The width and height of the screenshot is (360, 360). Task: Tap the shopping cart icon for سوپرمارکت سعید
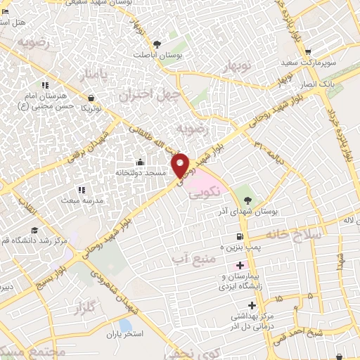[x=308, y=51]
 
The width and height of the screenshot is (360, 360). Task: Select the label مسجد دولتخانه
[x=140, y=172]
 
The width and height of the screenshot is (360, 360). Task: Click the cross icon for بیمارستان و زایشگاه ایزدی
[x=240, y=266]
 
